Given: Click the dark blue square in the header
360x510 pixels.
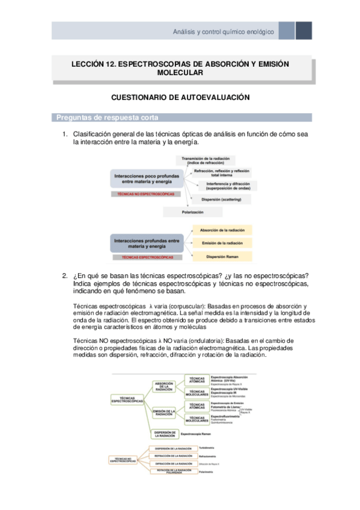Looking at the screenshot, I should (x=304, y=31).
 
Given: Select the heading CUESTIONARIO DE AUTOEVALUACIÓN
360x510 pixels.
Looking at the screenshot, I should (x=180, y=97).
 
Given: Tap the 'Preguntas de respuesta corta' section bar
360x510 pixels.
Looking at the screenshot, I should (x=180, y=117).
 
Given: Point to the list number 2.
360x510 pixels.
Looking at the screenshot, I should (x=64, y=276).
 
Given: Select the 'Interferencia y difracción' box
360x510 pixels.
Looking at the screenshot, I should (x=220, y=185).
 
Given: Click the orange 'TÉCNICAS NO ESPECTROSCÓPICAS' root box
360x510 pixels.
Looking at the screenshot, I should (x=124, y=461).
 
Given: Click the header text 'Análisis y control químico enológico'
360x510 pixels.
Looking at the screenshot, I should (x=223, y=31).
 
